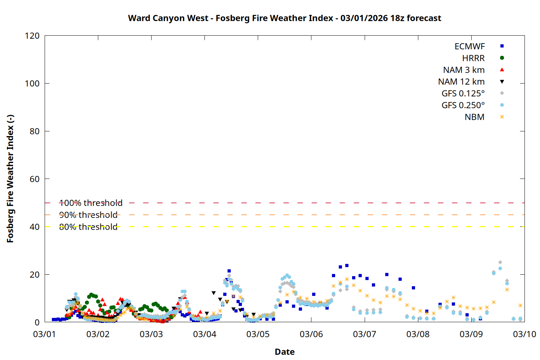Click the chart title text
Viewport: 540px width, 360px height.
[x=284, y=18]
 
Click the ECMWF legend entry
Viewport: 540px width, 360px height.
[x=469, y=46]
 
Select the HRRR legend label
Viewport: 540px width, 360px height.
[x=473, y=58]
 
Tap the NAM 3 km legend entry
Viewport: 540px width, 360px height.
[x=464, y=70]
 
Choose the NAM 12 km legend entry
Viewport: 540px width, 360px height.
[x=461, y=82]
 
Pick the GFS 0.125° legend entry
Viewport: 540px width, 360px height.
[x=463, y=94]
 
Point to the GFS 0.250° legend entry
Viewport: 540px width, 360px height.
[x=463, y=105]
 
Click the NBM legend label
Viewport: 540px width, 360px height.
[x=474, y=117]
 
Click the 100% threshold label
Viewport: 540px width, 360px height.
[x=91, y=203]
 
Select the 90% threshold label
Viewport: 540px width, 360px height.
[x=88, y=215]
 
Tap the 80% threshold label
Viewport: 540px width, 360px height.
[x=88, y=227]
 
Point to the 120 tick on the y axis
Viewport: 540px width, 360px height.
[x=32, y=36]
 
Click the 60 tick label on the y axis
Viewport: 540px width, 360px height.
[x=35, y=179]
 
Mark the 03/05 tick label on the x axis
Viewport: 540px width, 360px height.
[x=258, y=334]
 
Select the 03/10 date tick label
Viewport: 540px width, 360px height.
[x=524, y=334]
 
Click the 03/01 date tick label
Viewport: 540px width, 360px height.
[x=45, y=334]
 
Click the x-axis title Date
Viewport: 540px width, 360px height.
[x=284, y=352]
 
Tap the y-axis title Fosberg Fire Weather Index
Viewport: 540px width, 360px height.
[x=10, y=179]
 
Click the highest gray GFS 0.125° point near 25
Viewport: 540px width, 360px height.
[x=500, y=262]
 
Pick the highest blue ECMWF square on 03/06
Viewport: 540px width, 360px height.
[x=347, y=266]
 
